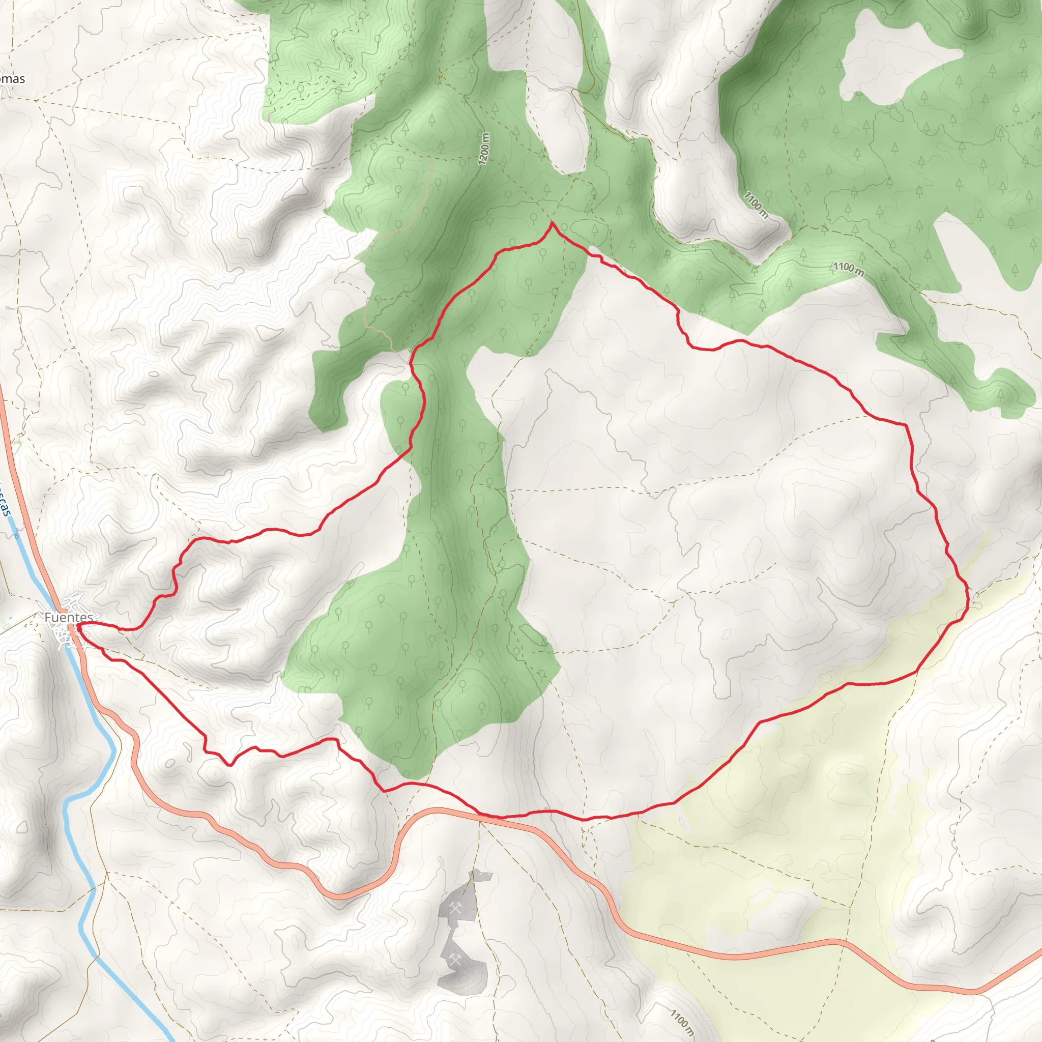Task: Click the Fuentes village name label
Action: (x=69, y=617)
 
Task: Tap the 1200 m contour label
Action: (x=484, y=149)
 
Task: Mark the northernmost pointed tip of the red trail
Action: (x=552, y=223)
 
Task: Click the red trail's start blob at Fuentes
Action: (x=79, y=626)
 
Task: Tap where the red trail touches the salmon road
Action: (x=488, y=816)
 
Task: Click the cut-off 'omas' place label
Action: (x=12, y=79)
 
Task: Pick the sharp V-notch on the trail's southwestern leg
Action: (x=231, y=764)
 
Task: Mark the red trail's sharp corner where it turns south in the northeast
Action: (x=906, y=425)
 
